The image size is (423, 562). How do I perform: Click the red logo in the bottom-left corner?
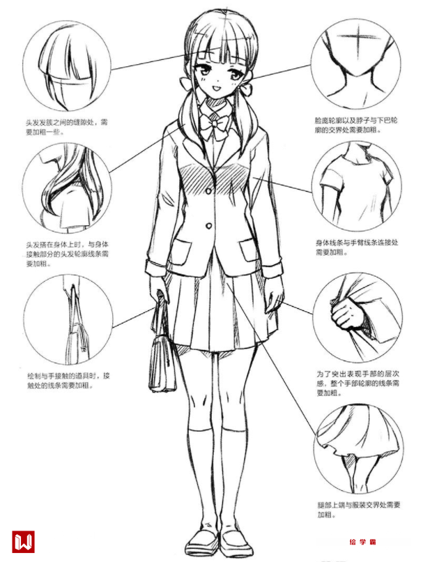[x=23, y=542]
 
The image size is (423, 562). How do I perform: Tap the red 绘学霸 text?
[x=362, y=542]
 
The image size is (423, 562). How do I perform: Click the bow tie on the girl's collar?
[x=214, y=126]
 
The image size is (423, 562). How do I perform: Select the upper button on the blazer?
[x=208, y=191]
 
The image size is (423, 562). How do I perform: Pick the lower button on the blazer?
[x=208, y=226]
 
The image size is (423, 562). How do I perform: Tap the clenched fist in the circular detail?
[x=346, y=314]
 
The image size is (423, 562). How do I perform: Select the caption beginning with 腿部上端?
[x=358, y=510]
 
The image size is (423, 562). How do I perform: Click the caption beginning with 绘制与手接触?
[x=68, y=381]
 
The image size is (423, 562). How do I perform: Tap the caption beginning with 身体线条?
[x=357, y=248]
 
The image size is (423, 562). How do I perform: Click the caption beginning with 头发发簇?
[x=67, y=127]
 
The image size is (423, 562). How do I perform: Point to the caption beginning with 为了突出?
[x=357, y=383]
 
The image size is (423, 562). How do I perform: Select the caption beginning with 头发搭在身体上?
[x=68, y=254]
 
